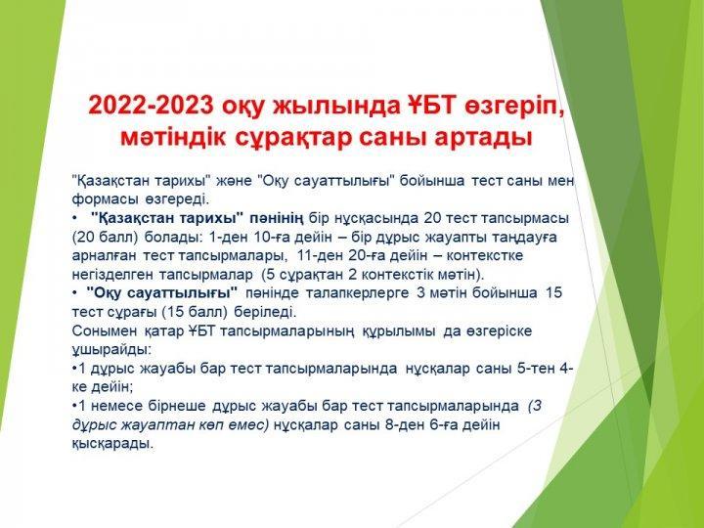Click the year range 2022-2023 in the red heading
coord(151,106)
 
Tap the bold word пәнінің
coord(277,219)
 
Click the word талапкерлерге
coord(358,293)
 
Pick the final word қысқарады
coord(112,444)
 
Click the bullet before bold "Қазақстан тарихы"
coord(74,219)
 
